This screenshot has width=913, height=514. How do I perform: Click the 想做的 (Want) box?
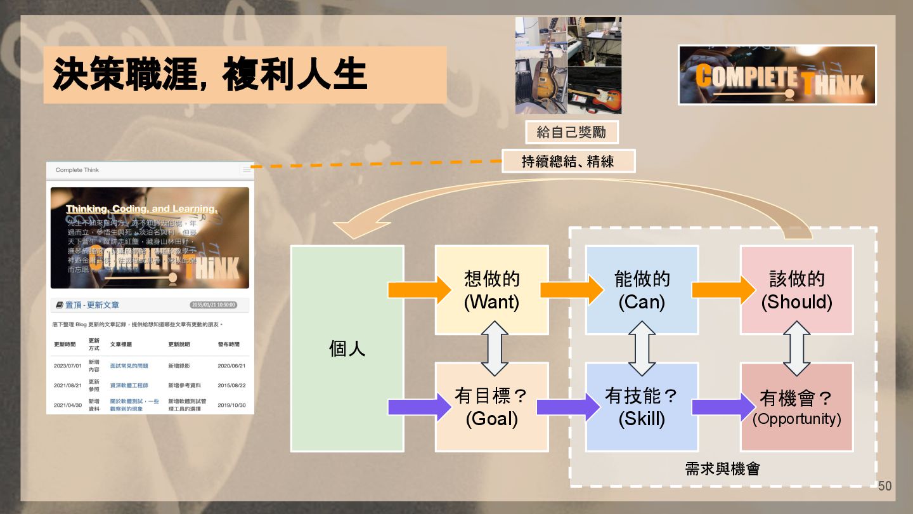pyautogui.click(x=491, y=289)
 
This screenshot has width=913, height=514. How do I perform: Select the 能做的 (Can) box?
pyautogui.click(x=642, y=289)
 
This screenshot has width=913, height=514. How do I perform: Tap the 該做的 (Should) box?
pyautogui.click(x=796, y=289)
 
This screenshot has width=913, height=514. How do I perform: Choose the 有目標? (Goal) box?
pyautogui.click(x=491, y=407)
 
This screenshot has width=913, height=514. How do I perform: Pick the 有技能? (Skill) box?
pyautogui.click(x=642, y=407)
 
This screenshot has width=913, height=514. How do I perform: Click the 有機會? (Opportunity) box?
pyautogui.click(x=796, y=407)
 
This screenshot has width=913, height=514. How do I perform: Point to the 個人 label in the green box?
pyautogui.click(x=347, y=348)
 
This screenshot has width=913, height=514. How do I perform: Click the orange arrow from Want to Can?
pyautogui.click(x=571, y=289)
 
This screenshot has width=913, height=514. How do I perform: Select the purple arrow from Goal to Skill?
pyautogui.click(x=568, y=407)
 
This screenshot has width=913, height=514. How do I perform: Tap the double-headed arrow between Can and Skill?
pyautogui.click(x=642, y=348)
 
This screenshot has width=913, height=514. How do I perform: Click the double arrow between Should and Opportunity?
pyautogui.click(x=796, y=348)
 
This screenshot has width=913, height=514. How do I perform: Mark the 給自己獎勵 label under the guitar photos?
pyautogui.click(x=571, y=132)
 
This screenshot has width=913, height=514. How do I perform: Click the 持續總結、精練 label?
pyautogui.click(x=567, y=161)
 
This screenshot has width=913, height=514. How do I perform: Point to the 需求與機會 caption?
pyautogui.click(x=722, y=469)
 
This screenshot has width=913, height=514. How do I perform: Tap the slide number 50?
pyautogui.click(x=884, y=486)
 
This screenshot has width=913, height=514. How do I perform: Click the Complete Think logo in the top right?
pyautogui.click(x=777, y=75)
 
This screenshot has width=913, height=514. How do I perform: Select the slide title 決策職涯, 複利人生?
pyautogui.click(x=210, y=74)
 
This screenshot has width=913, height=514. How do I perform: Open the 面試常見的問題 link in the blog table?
pyautogui.click(x=129, y=366)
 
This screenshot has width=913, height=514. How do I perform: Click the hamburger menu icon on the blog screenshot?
pyautogui.click(x=247, y=169)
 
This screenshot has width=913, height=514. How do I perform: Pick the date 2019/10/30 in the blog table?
pyautogui.click(x=231, y=405)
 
